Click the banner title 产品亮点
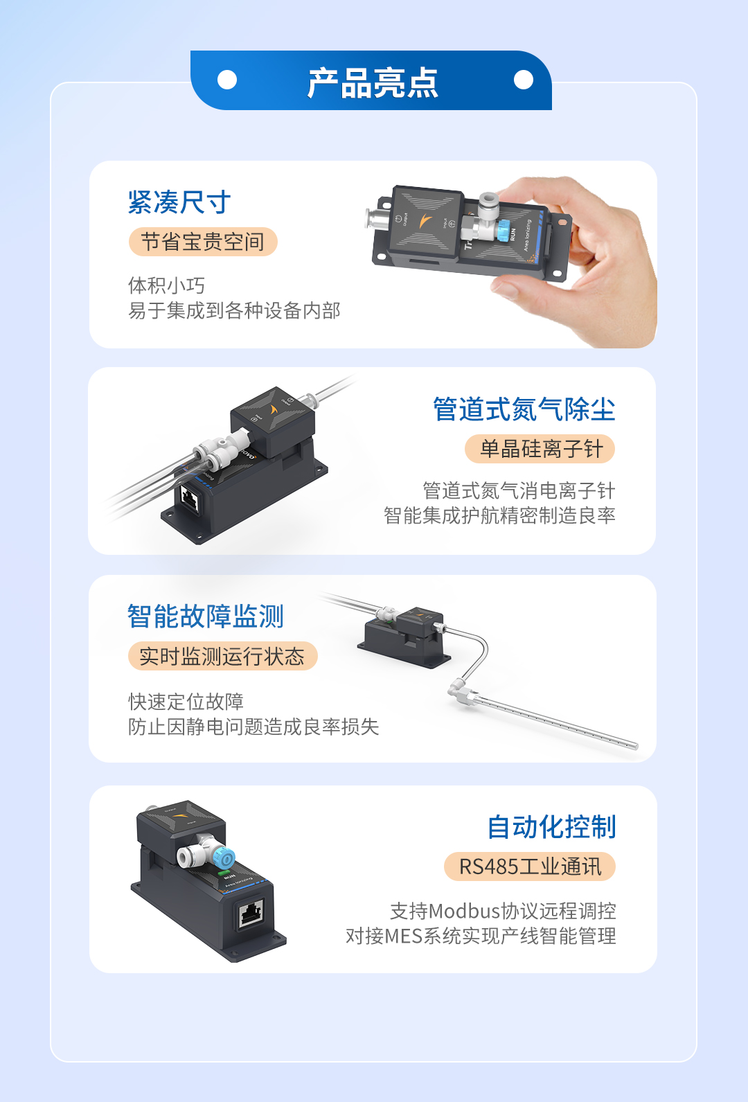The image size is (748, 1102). [373, 82]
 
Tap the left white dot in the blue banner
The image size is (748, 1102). [226, 80]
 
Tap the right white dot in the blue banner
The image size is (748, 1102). [524, 80]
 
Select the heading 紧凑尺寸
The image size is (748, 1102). [179, 202]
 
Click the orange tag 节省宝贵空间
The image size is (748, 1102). [203, 242]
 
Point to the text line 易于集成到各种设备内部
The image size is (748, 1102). [234, 310]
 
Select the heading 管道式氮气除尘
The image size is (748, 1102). [524, 409]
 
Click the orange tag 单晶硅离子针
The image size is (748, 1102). [540, 449]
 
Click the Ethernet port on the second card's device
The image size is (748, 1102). [190, 498]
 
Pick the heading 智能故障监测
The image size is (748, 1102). [206, 616]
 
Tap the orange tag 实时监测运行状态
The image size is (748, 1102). [223, 656]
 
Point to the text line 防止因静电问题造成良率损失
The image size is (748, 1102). [253, 727]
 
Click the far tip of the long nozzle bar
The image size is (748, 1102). [636, 746]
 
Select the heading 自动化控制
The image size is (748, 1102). [552, 826]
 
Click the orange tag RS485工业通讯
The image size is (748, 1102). [530, 867]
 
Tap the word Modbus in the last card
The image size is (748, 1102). [465, 911]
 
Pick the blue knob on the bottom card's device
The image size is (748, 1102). [224, 859]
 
